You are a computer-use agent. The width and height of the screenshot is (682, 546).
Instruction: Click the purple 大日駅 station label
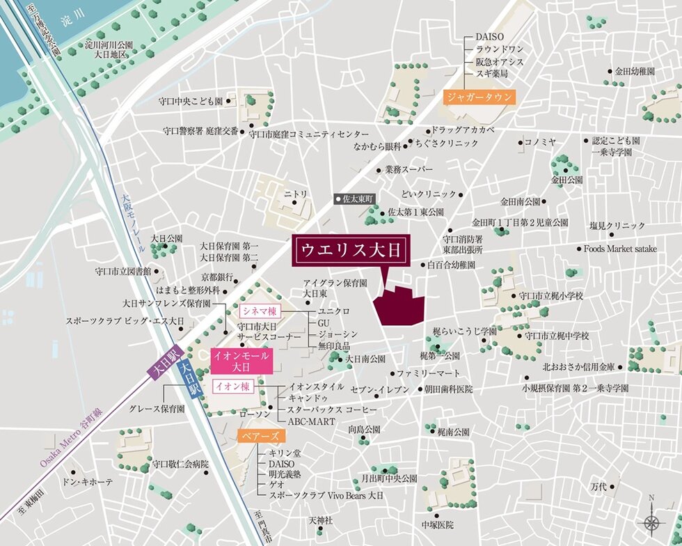point(164,362)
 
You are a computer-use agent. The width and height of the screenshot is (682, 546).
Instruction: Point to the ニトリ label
point(295,193)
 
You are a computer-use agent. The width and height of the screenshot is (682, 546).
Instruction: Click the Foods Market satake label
point(619,249)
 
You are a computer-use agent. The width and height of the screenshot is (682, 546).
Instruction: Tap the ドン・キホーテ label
point(86,482)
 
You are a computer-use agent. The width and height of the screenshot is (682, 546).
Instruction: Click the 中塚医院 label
point(437,524)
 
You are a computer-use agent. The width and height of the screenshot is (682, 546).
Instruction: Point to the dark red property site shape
point(399,305)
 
